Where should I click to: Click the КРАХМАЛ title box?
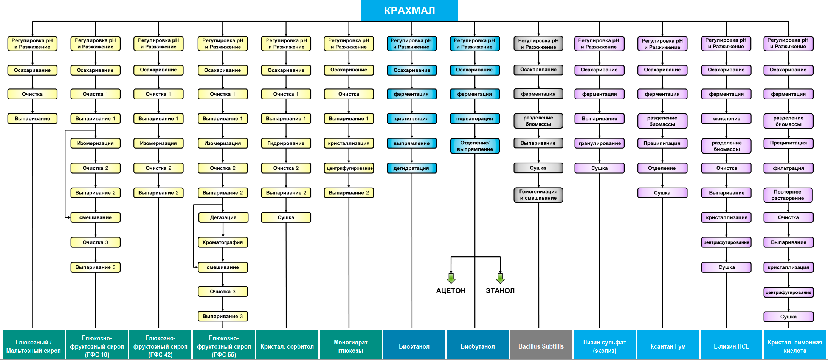pyautogui.click(x=409, y=11)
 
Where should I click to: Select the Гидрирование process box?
pyautogui.click(x=286, y=143)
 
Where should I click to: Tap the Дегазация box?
pyautogui.click(x=223, y=217)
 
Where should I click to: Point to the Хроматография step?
pyautogui.click(x=223, y=242)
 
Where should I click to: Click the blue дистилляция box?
pyautogui.click(x=412, y=119)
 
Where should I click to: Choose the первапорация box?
pyautogui.click(x=474, y=119)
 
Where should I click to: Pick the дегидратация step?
pyautogui.click(x=412, y=168)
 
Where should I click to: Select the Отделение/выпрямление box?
pyautogui.click(x=475, y=146)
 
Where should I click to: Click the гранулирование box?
pyautogui.click(x=600, y=143)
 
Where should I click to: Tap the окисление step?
pyautogui.click(x=726, y=119)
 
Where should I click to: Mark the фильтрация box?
pyautogui.click(x=788, y=168)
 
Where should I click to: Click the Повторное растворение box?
pyautogui.click(x=788, y=195)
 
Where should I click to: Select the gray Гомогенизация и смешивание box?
pyautogui.click(x=538, y=195)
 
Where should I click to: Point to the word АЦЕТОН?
pyautogui.click(x=451, y=290)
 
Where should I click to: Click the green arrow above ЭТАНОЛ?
pyautogui.click(x=500, y=278)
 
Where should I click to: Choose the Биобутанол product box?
pyautogui.click(x=478, y=346)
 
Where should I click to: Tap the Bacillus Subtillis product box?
pyautogui.click(x=541, y=346)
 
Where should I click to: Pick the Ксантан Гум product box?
pyautogui.click(x=668, y=346)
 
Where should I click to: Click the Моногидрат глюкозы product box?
pyautogui.click(x=350, y=346)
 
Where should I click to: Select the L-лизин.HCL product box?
pyautogui.click(x=731, y=346)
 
